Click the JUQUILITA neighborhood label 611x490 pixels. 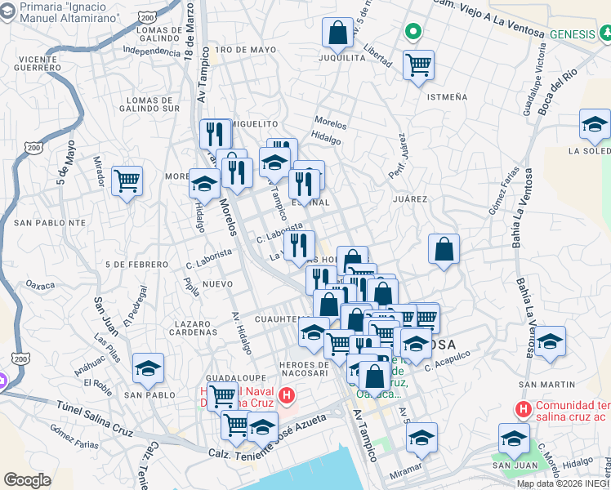pyautogui.click(x=341, y=58)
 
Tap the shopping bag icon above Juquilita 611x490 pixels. pyautogui.click(x=337, y=33)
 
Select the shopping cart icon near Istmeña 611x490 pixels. pyautogui.click(x=419, y=65)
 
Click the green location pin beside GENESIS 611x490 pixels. pyautogui.click(x=413, y=33)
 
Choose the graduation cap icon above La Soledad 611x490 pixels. pyautogui.click(x=595, y=125)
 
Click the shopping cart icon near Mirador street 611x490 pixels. pyautogui.click(x=127, y=180)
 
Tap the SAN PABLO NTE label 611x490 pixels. pyautogui.click(x=49, y=222)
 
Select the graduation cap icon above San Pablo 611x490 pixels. pyautogui.click(x=148, y=368)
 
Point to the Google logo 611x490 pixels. pyautogui.click(x=27, y=479)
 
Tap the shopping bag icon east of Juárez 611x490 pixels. pyautogui.click(x=444, y=250)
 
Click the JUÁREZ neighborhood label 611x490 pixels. pyautogui.click(x=409, y=198)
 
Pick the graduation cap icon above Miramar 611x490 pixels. pyautogui.click(x=421, y=438)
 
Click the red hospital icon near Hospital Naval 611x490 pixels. pyautogui.click(x=286, y=397)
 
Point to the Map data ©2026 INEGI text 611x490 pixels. pyautogui.click(x=557, y=483)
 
